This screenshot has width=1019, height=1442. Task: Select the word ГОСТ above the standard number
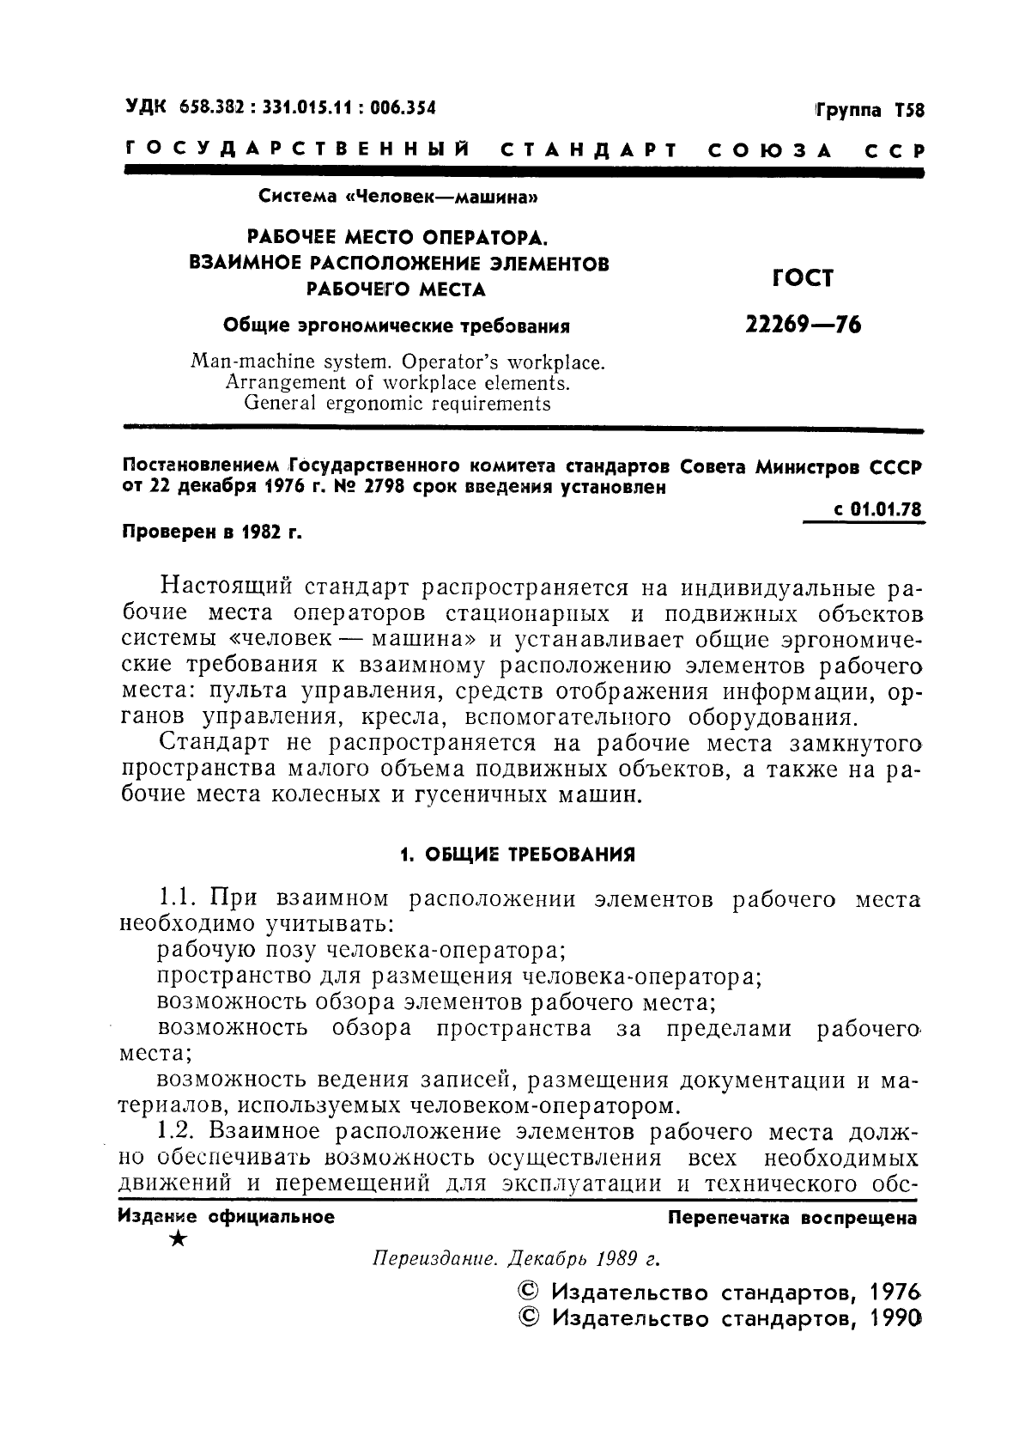(x=803, y=277)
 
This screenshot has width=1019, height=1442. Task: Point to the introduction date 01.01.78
(x=886, y=509)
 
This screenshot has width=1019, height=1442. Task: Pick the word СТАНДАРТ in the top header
(x=585, y=151)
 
